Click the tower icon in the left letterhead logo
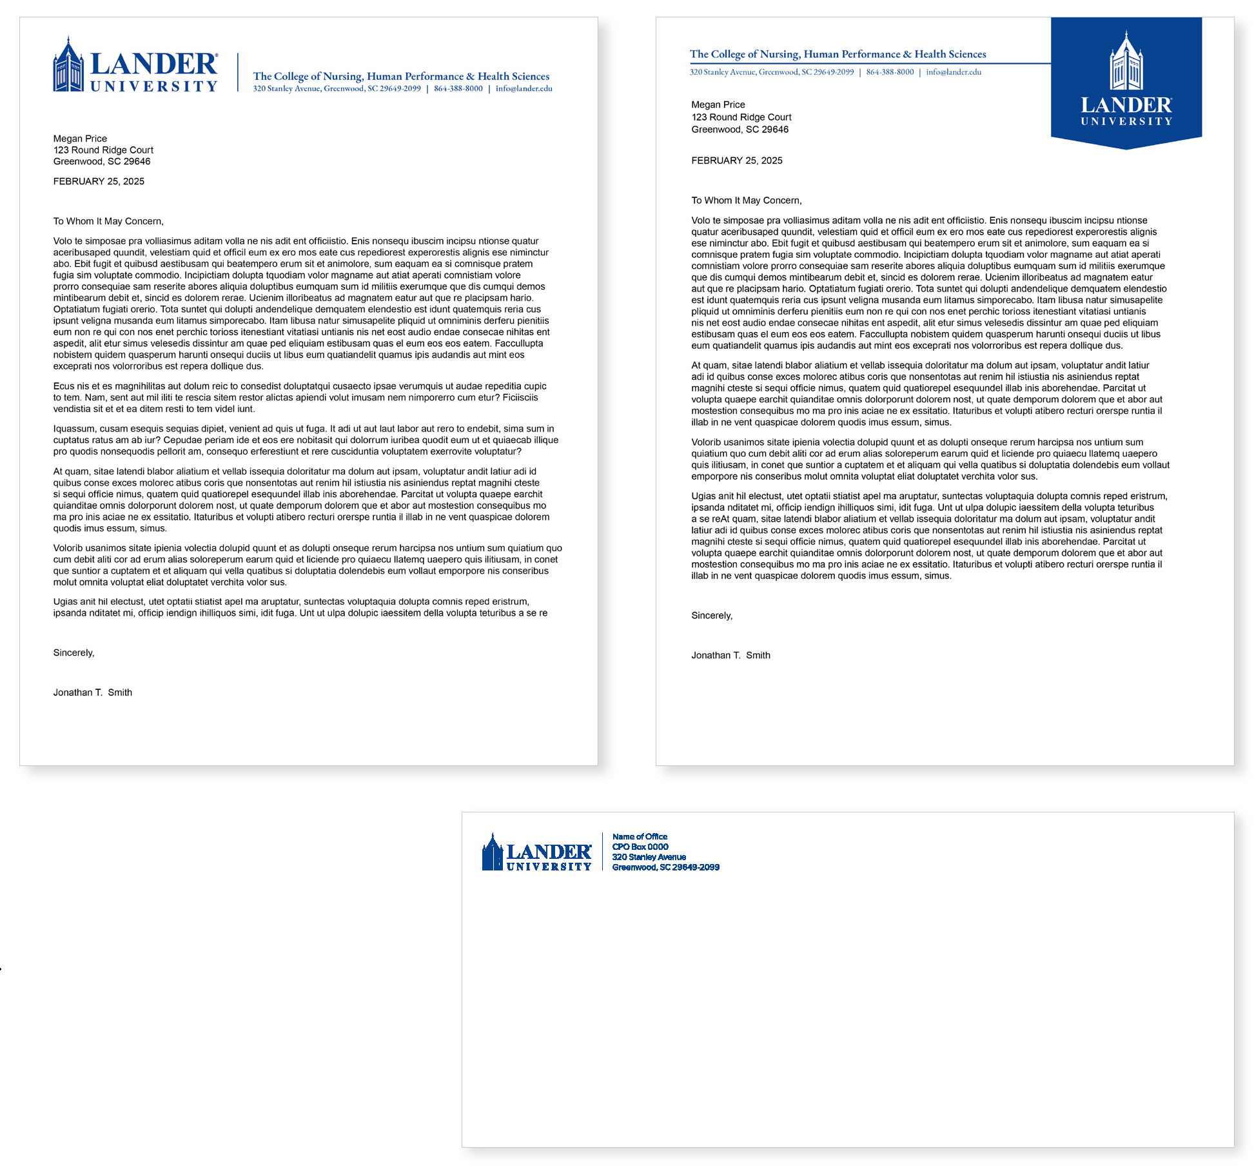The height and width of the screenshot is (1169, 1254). [x=68, y=65]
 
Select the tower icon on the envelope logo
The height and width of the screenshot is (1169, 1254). [x=493, y=852]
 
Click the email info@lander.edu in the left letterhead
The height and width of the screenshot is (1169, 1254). [x=524, y=89]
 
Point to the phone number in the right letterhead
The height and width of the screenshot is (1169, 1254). [x=890, y=72]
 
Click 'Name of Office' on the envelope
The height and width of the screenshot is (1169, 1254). [x=640, y=837]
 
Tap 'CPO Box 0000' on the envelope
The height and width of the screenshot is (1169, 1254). [x=640, y=847]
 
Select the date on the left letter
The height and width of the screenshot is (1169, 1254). [x=99, y=182]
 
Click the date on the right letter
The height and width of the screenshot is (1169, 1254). [x=737, y=161]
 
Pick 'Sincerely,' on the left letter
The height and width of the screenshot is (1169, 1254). [x=73, y=653]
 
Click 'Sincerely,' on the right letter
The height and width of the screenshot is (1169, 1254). [x=712, y=616]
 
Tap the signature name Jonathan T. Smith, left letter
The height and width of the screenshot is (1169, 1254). [x=93, y=693]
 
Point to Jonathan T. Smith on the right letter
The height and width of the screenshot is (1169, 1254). [x=730, y=656]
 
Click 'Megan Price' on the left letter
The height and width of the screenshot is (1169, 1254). [x=80, y=139]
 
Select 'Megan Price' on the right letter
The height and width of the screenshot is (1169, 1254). [x=718, y=105]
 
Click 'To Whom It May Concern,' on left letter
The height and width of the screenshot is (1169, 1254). [x=108, y=222]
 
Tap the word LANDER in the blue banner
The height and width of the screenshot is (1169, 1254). [x=1126, y=106]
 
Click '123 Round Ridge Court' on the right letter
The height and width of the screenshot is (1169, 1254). [x=741, y=117]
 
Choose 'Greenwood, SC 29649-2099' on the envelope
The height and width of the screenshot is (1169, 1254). [x=665, y=868]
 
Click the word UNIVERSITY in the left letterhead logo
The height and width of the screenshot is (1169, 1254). [x=154, y=87]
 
